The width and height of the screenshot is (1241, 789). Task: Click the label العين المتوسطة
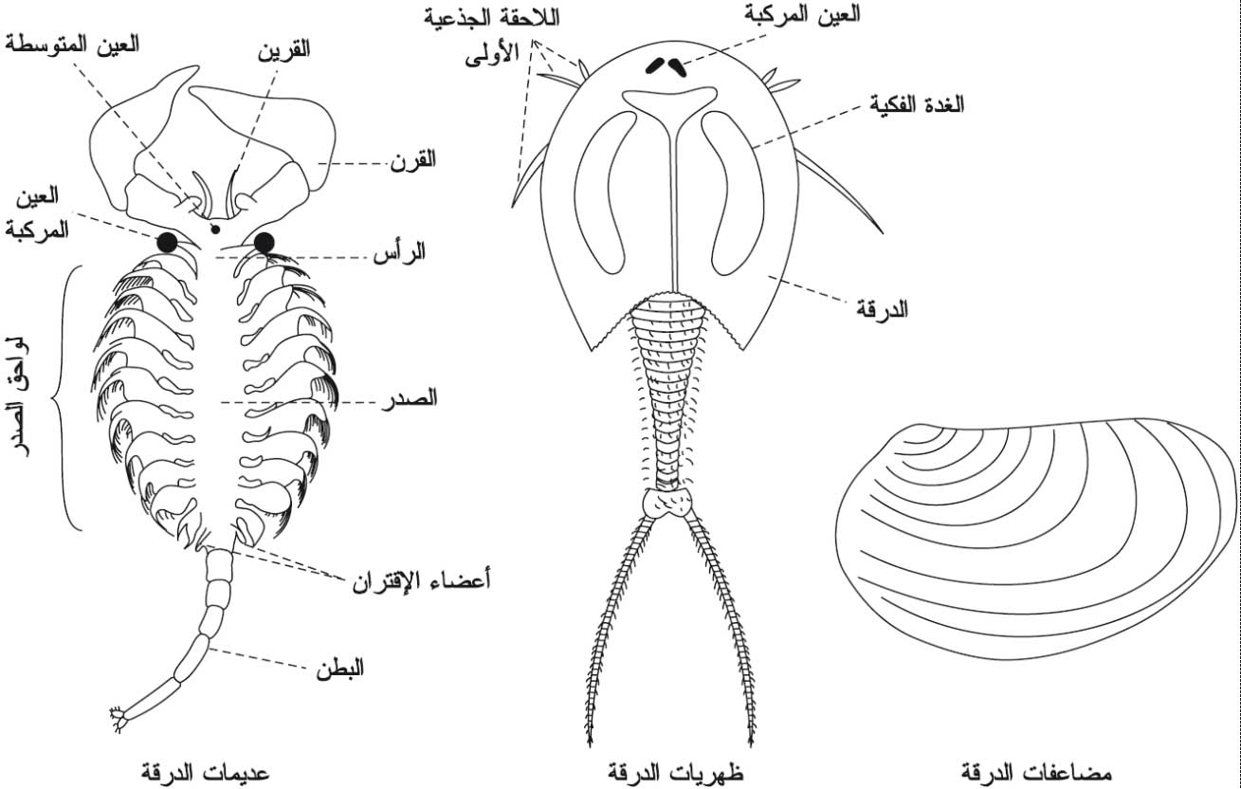pyautogui.click(x=72, y=45)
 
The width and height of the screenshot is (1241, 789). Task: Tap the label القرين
pyautogui.click(x=283, y=50)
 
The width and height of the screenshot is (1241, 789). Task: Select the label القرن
pyautogui.click(x=413, y=160)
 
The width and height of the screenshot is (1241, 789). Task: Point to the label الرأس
pyautogui.click(x=399, y=252)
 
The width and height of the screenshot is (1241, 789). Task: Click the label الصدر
pyautogui.click(x=410, y=398)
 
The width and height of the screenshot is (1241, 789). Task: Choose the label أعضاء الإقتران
pyautogui.click(x=422, y=581)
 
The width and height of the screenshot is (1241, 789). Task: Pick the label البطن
pyautogui.click(x=340, y=669)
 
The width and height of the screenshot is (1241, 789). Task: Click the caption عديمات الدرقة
pyautogui.click(x=205, y=772)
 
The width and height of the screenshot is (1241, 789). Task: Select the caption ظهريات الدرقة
pyautogui.click(x=675, y=772)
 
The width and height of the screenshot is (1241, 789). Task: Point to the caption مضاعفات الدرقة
pyautogui.click(x=1036, y=772)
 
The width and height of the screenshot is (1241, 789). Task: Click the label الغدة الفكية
pyautogui.click(x=917, y=104)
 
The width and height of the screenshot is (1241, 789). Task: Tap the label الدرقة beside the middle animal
pyautogui.click(x=883, y=308)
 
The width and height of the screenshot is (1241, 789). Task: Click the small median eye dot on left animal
pyautogui.click(x=215, y=229)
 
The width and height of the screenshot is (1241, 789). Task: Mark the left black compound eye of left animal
pyautogui.click(x=167, y=243)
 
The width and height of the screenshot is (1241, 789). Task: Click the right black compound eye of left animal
pyautogui.click(x=265, y=243)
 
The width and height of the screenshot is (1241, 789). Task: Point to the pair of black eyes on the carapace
pyautogui.click(x=666, y=66)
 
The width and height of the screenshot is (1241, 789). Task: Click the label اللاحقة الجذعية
pyautogui.click(x=493, y=18)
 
